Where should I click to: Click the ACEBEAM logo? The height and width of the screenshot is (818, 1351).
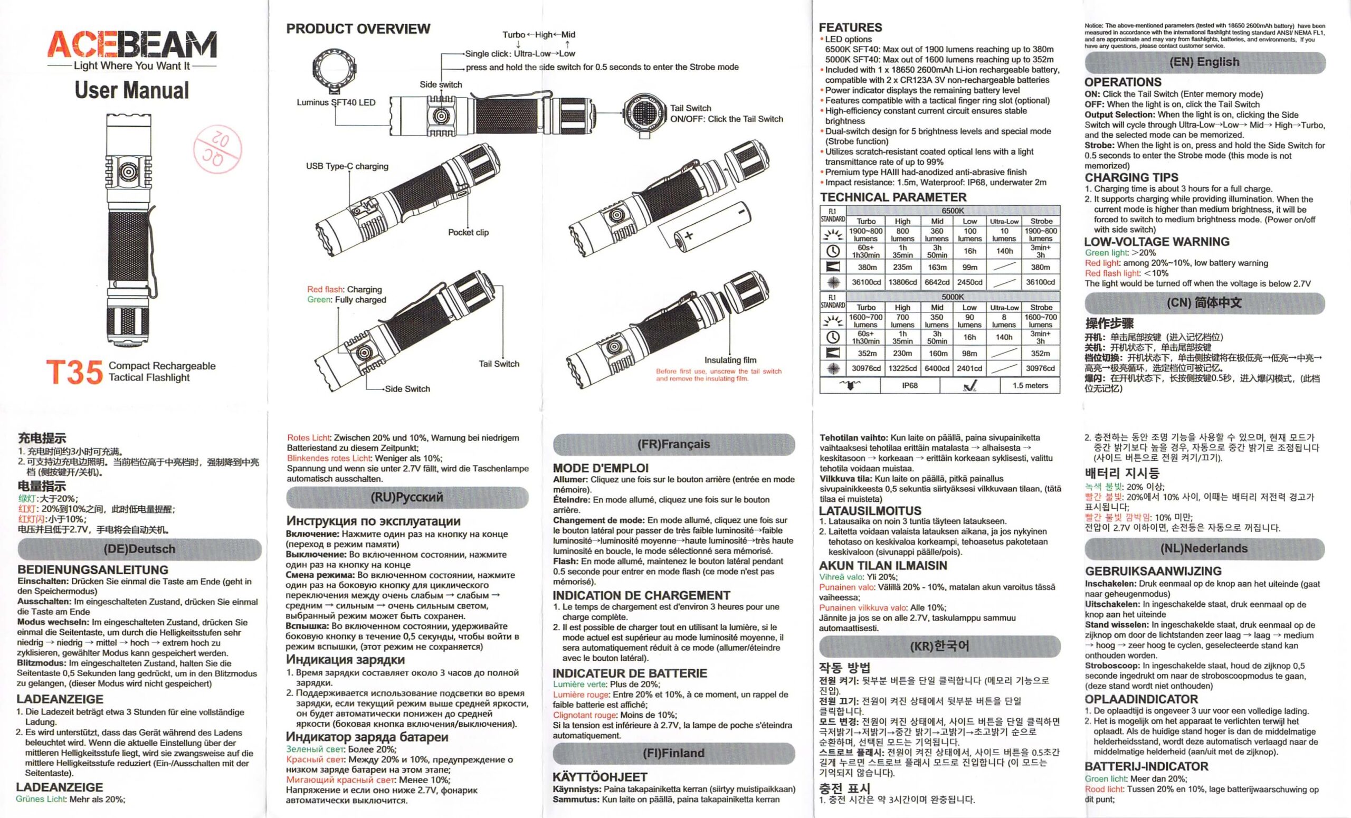(x=131, y=45)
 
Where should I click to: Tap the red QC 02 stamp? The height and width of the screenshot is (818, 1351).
(x=217, y=148)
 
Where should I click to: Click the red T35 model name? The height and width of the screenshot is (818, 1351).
(x=74, y=372)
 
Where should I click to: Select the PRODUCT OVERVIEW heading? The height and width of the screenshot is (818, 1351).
(x=358, y=28)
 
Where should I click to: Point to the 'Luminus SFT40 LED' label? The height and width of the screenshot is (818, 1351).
(x=336, y=102)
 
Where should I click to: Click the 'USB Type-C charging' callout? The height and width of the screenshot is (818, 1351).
(x=347, y=166)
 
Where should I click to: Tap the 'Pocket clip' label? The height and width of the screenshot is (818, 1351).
(x=468, y=232)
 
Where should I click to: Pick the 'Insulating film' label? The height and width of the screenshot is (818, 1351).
(x=730, y=360)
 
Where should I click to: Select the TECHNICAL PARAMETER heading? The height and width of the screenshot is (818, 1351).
(x=892, y=197)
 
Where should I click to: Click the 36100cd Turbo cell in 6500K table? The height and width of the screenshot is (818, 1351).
(x=865, y=282)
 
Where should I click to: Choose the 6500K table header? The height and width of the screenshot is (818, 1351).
(x=953, y=211)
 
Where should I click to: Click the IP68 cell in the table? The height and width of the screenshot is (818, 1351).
(x=910, y=385)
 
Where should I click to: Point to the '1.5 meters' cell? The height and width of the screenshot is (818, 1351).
(x=1030, y=385)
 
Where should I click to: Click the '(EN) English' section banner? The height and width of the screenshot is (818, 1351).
(x=1204, y=62)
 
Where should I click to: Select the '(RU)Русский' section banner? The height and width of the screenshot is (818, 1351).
(x=406, y=497)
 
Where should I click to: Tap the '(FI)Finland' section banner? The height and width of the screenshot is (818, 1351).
(x=673, y=753)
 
